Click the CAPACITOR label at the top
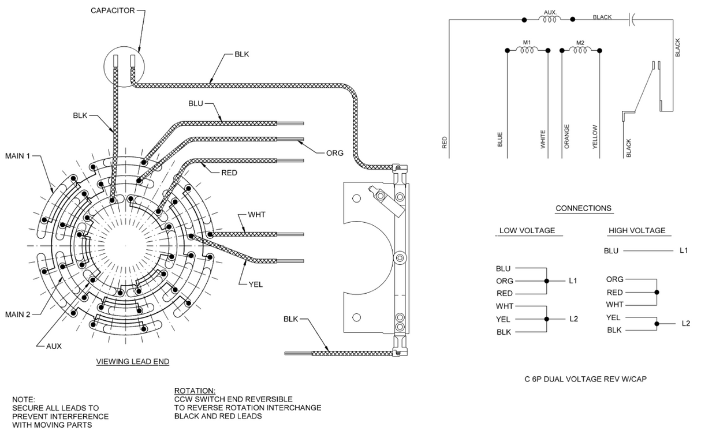click(113, 10)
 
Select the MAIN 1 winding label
click(17, 156)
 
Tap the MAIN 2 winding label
click(17, 315)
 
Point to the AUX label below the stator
click(54, 346)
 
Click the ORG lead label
click(334, 154)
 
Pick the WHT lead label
click(256, 215)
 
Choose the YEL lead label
click(256, 284)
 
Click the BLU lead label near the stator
click(196, 103)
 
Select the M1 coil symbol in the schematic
click(527, 50)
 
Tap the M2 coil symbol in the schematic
click(580, 50)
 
